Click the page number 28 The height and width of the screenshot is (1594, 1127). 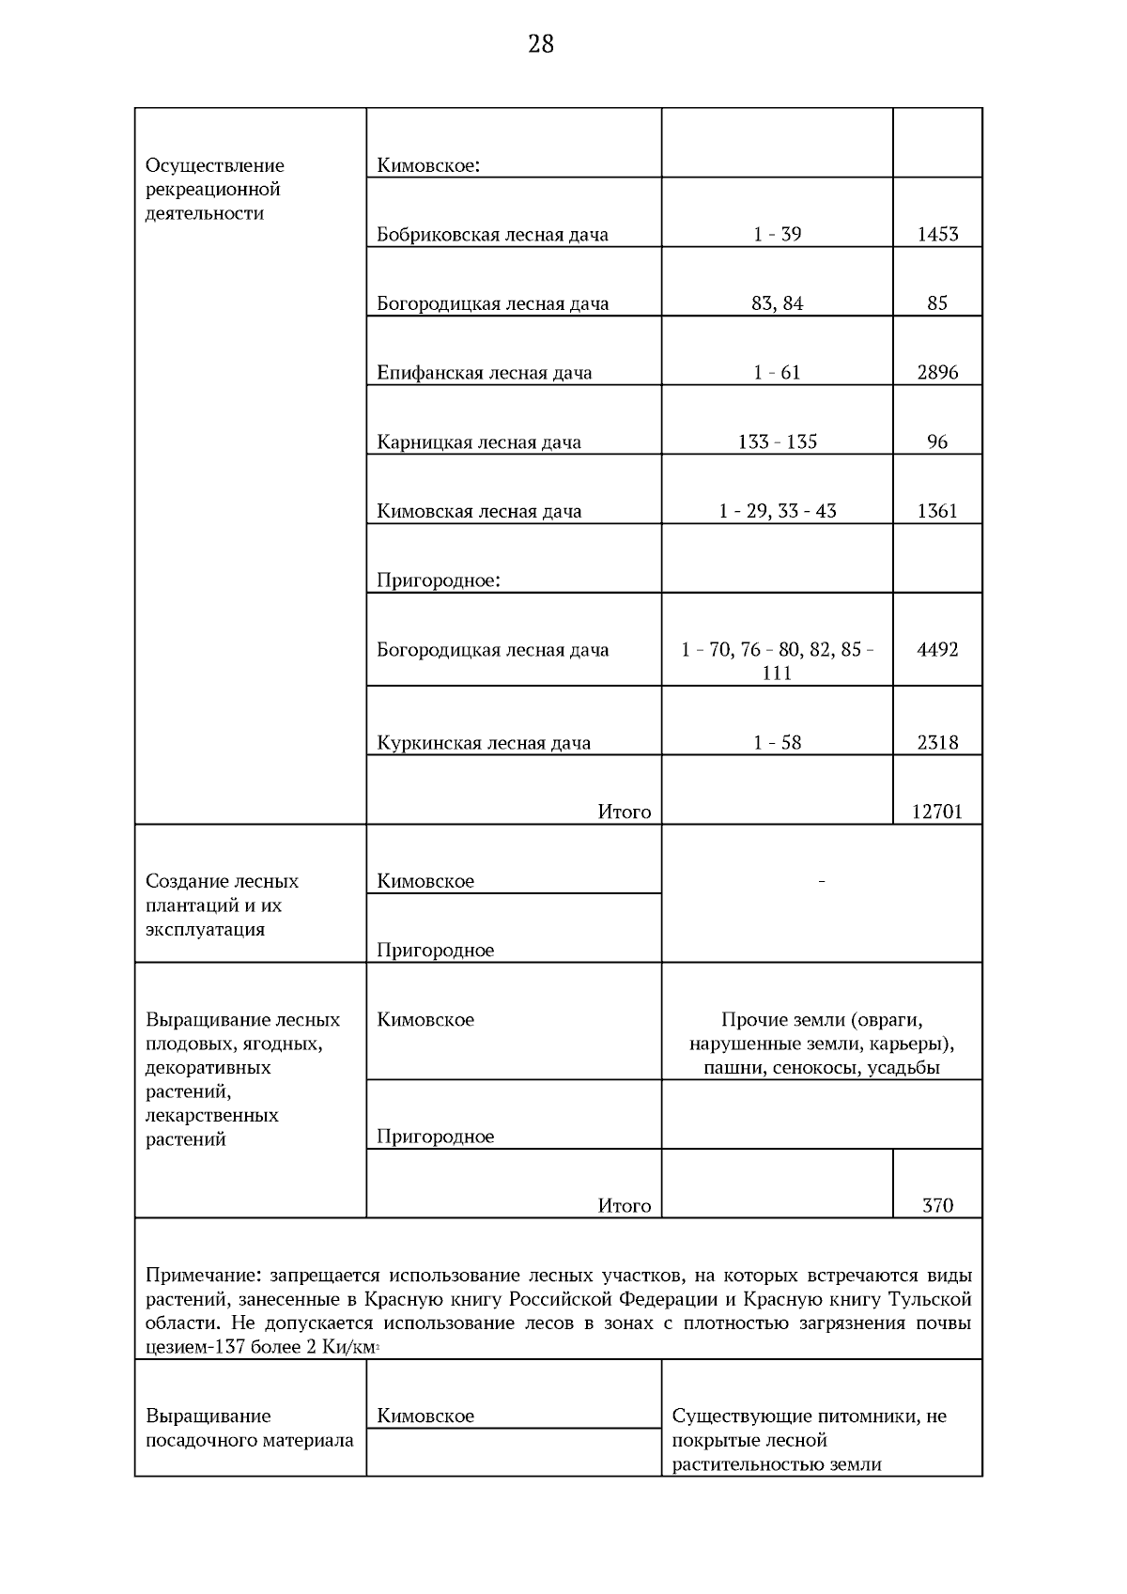(541, 44)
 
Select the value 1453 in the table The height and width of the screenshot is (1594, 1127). (937, 235)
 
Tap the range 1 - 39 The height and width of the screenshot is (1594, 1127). (777, 235)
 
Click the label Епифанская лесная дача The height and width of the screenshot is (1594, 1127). (485, 373)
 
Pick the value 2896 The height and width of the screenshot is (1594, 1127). (937, 373)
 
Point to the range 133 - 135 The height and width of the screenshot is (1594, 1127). (777, 442)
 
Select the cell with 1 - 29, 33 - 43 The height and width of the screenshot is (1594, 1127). (777, 511)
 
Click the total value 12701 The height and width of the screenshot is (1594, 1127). (937, 812)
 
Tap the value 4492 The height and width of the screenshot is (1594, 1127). (937, 650)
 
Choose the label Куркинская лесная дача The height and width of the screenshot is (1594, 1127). (484, 743)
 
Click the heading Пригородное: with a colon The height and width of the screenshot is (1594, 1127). (439, 580)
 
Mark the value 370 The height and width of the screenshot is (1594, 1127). (937, 1205)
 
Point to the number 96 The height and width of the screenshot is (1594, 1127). (937, 442)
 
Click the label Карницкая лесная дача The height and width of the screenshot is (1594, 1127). (479, 442)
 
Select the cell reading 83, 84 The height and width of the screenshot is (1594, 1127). (777, 303)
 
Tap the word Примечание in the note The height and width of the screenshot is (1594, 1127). (204, 1276)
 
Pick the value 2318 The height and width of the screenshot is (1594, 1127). (937, 743)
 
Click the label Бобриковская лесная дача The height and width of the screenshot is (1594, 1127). (492, 235)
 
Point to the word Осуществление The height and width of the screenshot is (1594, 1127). (214, 165)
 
